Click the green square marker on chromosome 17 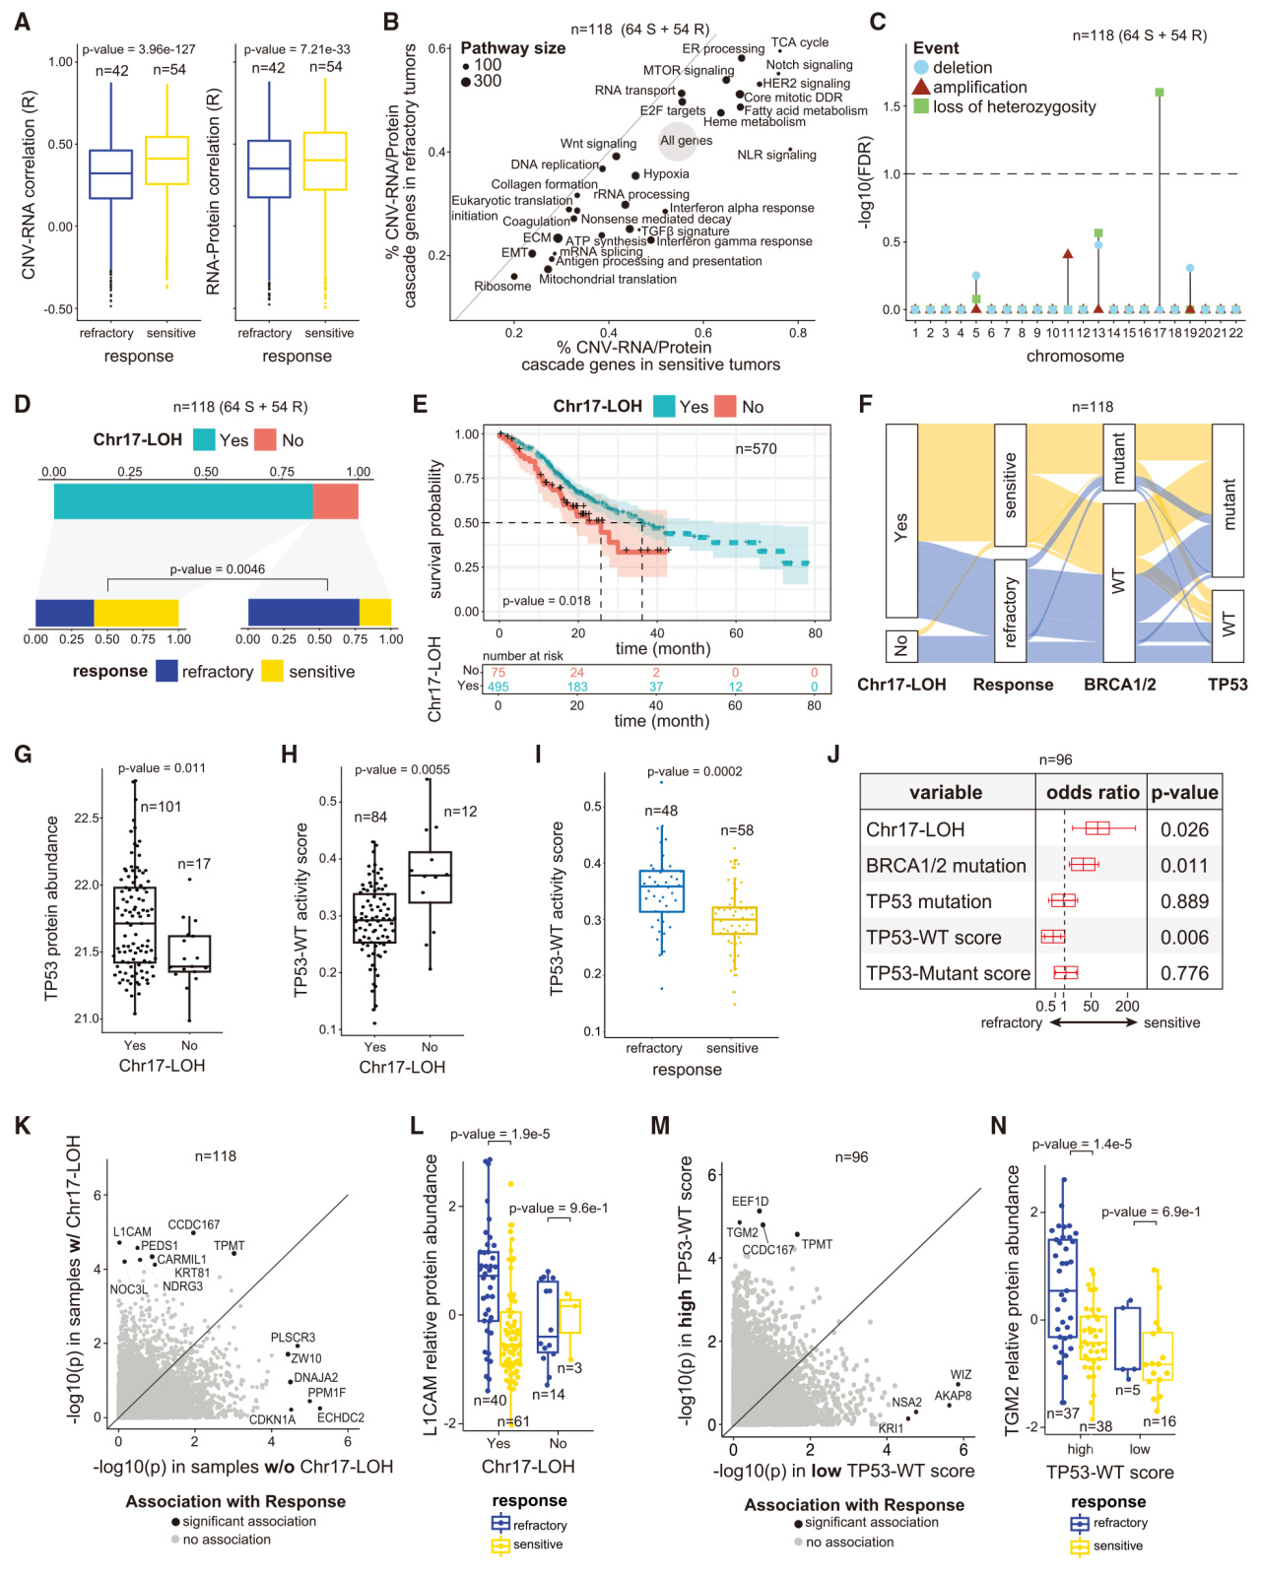click(x=1160, y=93)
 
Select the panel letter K click(x=22, y=1127)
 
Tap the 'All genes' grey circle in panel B click(x=679, y=141)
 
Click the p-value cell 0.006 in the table click(x=1184, y=938)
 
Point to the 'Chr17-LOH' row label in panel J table click(x=915, y=830)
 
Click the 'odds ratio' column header click(x=1093, y=793)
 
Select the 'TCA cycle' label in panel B click(x=799, y=42)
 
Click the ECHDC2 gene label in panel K click(x=341, y=1418)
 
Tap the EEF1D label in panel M click(x=751, y=1202)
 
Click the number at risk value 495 click(x=498, y=687)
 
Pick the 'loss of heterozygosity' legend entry click(x=1014, y=107)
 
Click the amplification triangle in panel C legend click(x=921, y=88)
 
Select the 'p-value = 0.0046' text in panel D click(x=217, y=569)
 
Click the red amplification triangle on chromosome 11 click(x=1068, y=254)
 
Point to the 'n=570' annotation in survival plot click(x=756, y=449)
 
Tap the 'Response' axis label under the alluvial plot click(x=1013, y=685)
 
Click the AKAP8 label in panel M click(x=953, y=1396)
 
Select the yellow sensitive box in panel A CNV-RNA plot click(x=166, y=160)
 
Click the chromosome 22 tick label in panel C click(x=1235, y=333)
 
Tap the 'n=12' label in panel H click(x=460, y=812)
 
